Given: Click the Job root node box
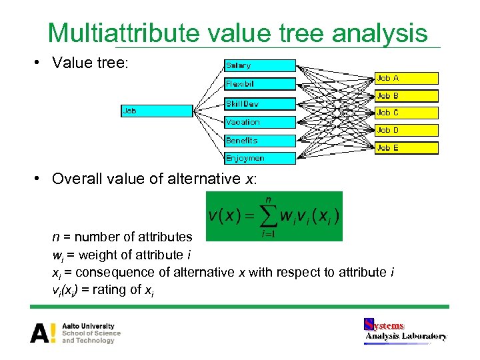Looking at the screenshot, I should coord(156,111).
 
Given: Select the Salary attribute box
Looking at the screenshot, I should coord(259,65).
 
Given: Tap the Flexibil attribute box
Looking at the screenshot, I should coord(259,84).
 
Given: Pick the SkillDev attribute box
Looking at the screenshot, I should coord(259,103).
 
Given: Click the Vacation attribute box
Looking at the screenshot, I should coord(259,122).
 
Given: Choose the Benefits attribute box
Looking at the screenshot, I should coord(259,141).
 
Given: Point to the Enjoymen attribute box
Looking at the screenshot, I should coord(259,159).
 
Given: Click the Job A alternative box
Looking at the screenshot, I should coord(407,78).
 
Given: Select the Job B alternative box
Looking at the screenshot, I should coord(407,95).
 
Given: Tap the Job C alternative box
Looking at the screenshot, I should coord(407,113).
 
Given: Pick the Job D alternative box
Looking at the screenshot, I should coord(407,130).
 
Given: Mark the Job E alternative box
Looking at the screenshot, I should coord(407,148).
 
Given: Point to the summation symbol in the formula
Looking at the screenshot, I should coord(268,216).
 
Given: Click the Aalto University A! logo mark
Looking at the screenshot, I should coord(43,333).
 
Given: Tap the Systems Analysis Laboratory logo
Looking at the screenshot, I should coord(405,331).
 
